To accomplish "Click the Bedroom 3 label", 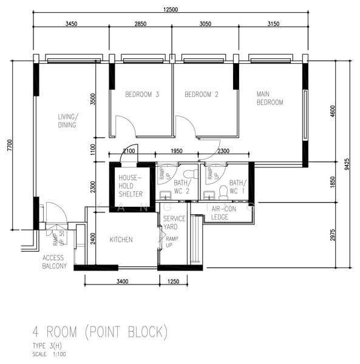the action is point(142,95).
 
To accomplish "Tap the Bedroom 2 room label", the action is point(202,95).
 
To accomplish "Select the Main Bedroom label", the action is point(270,98).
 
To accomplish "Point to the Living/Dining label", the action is point(68,121).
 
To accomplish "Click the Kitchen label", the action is point(121,240).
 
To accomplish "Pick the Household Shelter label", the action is point(131,186).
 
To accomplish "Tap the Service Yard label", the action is point(174,223).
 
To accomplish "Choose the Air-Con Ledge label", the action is point(223,213).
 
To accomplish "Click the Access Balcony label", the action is point(55,262).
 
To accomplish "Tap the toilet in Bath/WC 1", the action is point(223,192).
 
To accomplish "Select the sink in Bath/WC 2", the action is point(165,195).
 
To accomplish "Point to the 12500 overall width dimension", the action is point(171,10).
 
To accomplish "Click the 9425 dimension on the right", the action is point(347,164).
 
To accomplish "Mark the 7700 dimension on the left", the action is point(9,146).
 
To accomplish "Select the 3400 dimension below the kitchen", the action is point(123,281).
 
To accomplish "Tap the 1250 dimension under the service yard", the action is point(173,281).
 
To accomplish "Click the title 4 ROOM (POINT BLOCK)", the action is point(100,332).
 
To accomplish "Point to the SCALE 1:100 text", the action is point(49,354).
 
